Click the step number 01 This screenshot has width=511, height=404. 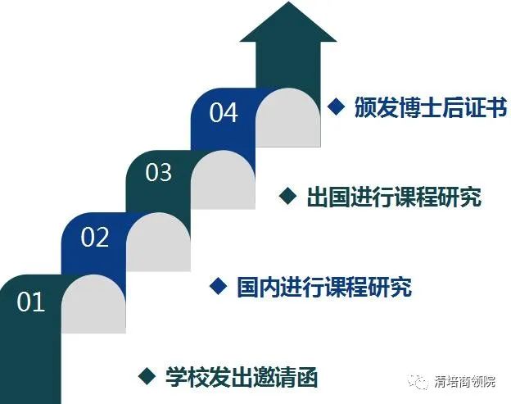[x=30, y=302]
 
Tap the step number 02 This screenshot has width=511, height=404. [x=95, y=237]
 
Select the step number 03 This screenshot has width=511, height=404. [x=158, y=172]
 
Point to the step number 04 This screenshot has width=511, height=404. [x=224, y=112]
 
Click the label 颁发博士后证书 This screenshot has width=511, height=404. [x=431, y=107]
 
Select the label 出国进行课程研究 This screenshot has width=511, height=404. [x=395, y=197]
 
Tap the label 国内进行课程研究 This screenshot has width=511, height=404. [x=324, y=287]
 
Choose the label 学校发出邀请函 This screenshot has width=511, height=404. [x=242, y=377]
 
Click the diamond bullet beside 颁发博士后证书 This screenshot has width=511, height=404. [x=337, y=107]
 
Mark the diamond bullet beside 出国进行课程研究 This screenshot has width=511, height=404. [x=288, y=196]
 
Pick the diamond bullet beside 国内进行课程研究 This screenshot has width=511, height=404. [x=219, y=286]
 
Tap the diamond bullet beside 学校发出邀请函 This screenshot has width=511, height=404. [x=147, y=375]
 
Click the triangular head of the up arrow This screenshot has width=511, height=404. [x=288, y=21]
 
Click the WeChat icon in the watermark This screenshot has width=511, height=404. [x=418, y=381]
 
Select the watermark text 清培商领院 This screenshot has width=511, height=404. [x=464, y=382]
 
